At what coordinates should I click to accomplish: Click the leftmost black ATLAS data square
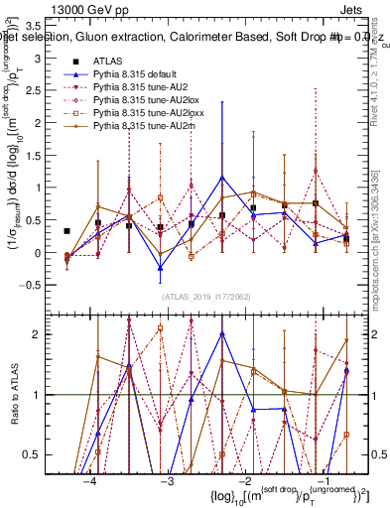[66, 231]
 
